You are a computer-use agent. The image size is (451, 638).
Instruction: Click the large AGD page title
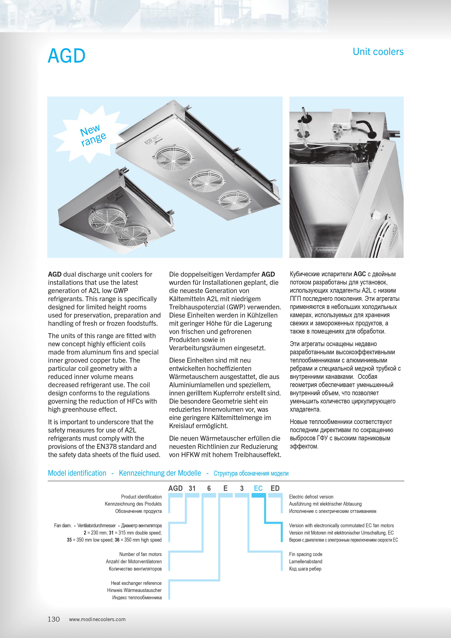(67, 56)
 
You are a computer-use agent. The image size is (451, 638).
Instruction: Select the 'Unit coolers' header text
(378, 52)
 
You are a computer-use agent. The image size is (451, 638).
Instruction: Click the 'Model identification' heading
(77, 473)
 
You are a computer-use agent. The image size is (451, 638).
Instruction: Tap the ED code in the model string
(275, 488)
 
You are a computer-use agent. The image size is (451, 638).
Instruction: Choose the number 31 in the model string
(192, 488)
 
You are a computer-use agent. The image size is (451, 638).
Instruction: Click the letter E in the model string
(225, 488)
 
